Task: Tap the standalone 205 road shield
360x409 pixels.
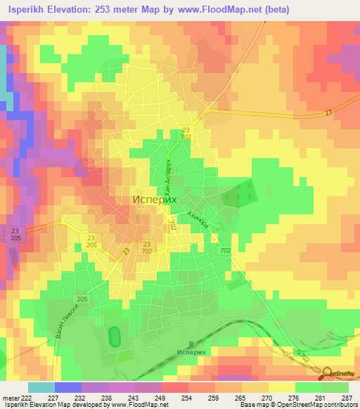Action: pos(82,300)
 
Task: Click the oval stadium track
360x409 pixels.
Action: pos(114,337)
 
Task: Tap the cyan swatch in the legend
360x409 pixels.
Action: pos(41,387)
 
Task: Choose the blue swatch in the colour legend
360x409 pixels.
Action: pos(67,387)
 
